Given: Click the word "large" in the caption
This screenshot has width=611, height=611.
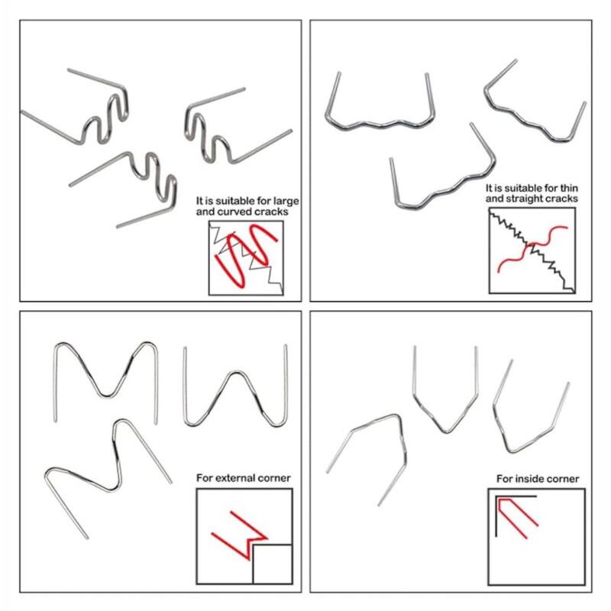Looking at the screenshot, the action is point(285,202).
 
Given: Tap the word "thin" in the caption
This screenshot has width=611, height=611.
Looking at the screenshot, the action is point(568,188).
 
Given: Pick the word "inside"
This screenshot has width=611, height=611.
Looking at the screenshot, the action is point(527,479).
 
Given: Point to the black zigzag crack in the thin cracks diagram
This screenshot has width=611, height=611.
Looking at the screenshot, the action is point(532,251).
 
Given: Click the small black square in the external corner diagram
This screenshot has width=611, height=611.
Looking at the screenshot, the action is point(273,564).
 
